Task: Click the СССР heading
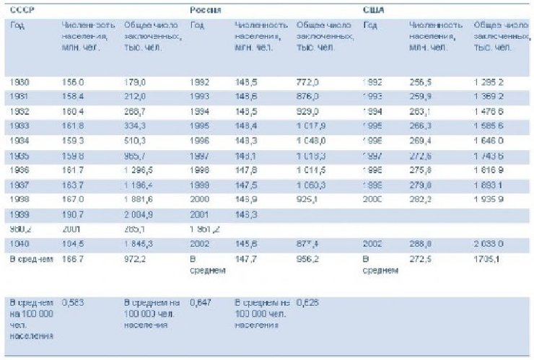pos(22,10)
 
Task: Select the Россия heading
pos(206,10)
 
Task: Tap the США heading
pos(373,10)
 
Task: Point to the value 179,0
pos(135,83)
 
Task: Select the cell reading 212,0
pos(135,97)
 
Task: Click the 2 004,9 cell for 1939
pos(139,214)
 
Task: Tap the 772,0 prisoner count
pos(307,83)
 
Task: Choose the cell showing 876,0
pos(307,97)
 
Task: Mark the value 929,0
pos(307,112)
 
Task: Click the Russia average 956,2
pos(307,258)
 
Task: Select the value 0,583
pos(73,304)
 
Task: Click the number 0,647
pos(200,304)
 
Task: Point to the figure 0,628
pos(307,304)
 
